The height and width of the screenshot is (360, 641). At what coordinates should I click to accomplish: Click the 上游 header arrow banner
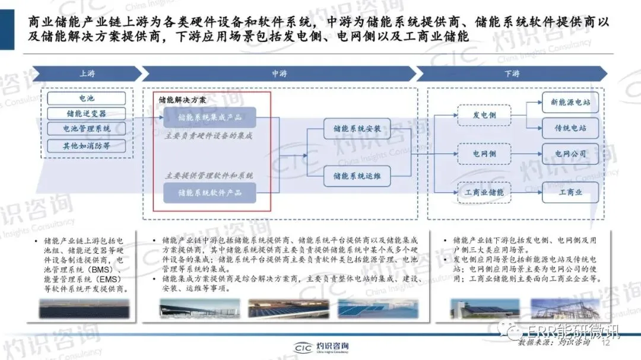[87, 74]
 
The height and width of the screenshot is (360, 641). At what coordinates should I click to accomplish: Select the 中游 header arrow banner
[279, 74]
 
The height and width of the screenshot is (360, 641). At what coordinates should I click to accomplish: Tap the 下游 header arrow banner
[512, 74]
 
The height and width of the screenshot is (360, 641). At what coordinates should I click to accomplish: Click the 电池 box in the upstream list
[87, 98]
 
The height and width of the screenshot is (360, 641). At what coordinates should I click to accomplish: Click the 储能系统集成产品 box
[210, 117]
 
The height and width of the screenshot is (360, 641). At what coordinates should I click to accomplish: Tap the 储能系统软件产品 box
[210, 193]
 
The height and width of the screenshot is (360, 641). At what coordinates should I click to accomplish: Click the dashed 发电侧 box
[484, 115]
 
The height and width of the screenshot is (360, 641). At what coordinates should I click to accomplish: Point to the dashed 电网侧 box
[484, 154]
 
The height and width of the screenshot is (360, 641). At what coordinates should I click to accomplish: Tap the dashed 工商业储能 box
[484, 192]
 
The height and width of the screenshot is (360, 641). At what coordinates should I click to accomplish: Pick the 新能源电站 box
[570, 103]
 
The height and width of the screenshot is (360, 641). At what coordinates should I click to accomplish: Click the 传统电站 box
[570, 128]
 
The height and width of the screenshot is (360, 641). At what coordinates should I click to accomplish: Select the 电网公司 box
[570, 154]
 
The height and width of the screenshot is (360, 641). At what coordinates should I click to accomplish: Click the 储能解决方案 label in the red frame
[183, 100]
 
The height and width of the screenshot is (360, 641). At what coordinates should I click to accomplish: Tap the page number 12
[606, 343]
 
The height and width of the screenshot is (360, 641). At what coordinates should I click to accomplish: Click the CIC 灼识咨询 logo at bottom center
[321, 348]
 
